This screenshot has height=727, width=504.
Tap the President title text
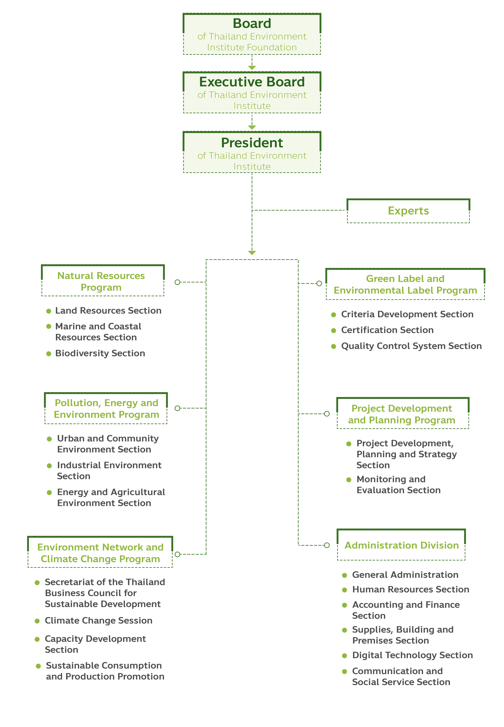(252, 143)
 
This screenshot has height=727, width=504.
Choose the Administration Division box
(401, 545)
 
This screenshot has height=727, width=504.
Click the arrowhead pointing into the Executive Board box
(252, 68)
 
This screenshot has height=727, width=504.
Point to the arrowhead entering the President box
(252, 127)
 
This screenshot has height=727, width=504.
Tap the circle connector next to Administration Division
(327, 545)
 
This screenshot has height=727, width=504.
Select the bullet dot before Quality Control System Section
(334, 346)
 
